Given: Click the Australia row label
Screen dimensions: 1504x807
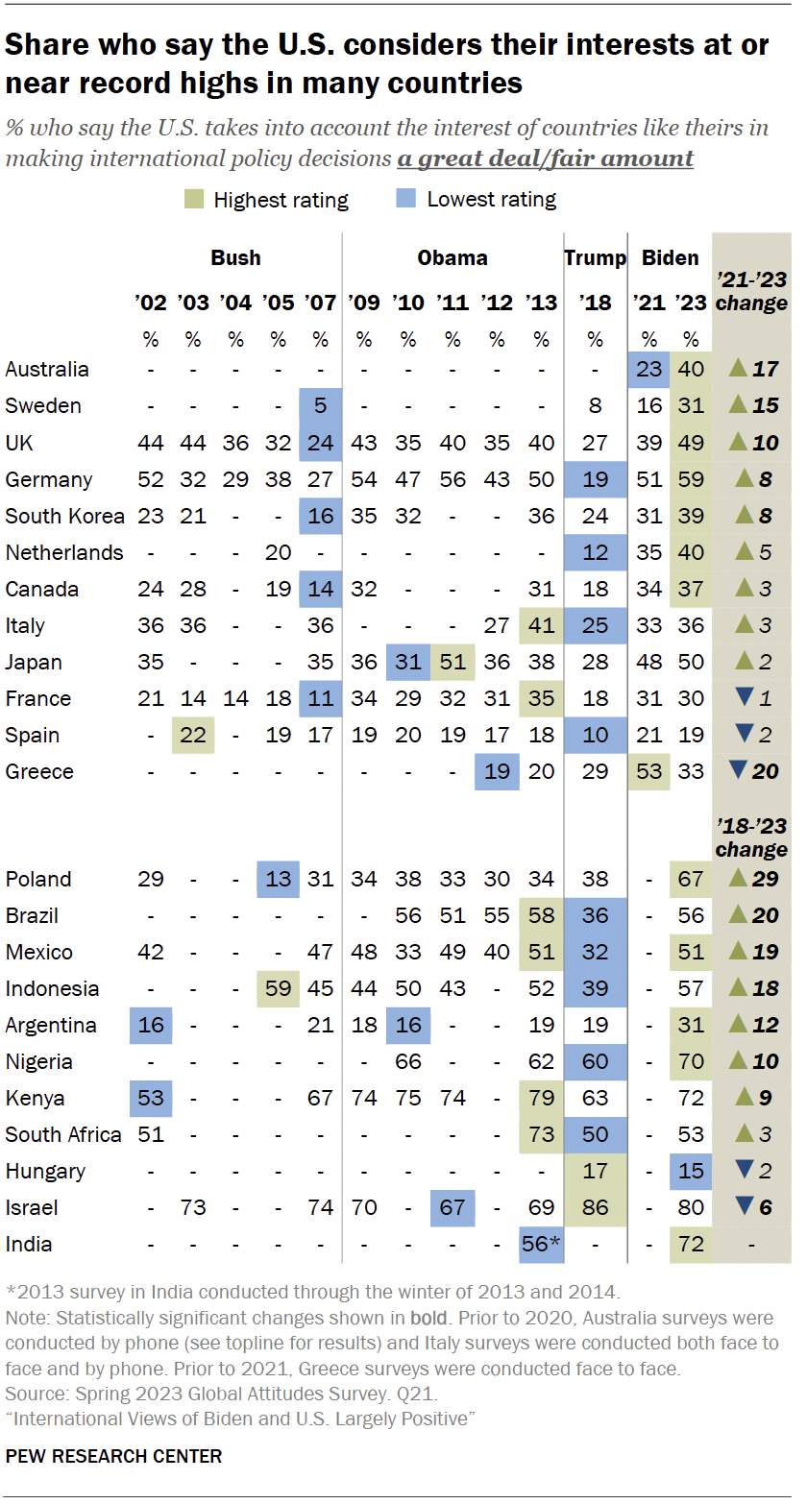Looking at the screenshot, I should [x=47, y=370].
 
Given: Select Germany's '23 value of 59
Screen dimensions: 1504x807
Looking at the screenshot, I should [x=691, y=479].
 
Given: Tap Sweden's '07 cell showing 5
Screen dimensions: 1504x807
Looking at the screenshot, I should [x=320, y=406].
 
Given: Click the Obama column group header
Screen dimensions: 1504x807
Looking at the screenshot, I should [x=452, y=257].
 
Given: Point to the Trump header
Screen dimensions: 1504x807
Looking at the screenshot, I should [x=595, y=257].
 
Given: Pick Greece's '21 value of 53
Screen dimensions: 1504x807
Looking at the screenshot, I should [x=649, y=771].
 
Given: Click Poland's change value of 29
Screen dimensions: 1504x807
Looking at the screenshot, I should [x=766, y=879].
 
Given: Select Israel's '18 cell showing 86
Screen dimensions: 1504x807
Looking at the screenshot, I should [x=595, y=1207].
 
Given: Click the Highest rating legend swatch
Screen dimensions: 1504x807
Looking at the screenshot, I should [x=194, y=200].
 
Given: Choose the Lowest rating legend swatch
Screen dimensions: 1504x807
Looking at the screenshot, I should [x=407, y=200].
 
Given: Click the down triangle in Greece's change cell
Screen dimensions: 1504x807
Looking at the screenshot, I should [x=738, y=771].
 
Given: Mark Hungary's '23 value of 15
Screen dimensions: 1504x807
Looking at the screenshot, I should [x=691, y=1171].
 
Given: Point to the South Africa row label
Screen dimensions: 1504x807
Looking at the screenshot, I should [x=63, y=1134].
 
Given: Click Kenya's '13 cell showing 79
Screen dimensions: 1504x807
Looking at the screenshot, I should [x=542, y=1098].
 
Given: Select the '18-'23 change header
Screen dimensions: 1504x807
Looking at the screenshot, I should [x=751, y=837].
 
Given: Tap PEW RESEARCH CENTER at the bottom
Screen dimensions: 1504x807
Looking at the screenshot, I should [x=113, y=1456].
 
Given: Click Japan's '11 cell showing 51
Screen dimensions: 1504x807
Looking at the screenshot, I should [x=452, y=662].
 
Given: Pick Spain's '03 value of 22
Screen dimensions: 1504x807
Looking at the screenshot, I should [x=193, y=735].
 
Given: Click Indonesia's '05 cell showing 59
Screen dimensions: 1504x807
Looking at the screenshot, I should [x=278, y=988].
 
